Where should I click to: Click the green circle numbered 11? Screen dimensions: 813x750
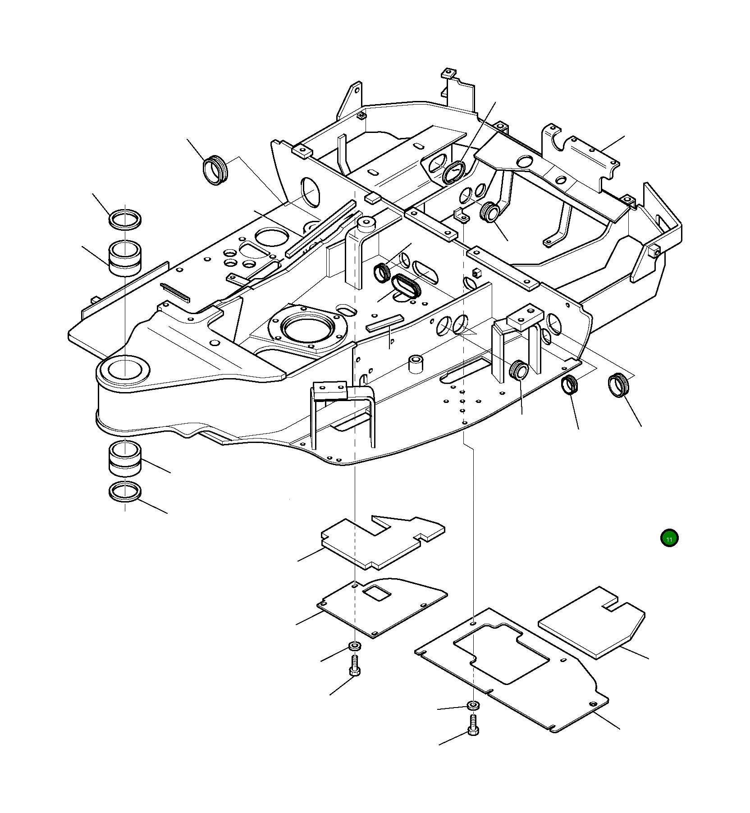669,539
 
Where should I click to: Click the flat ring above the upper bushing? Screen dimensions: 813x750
125,219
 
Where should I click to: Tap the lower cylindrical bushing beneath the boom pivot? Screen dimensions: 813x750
125,459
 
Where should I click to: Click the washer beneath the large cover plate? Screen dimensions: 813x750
473,704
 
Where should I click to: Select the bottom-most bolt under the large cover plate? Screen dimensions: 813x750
473,727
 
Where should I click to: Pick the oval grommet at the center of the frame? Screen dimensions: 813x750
406,287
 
